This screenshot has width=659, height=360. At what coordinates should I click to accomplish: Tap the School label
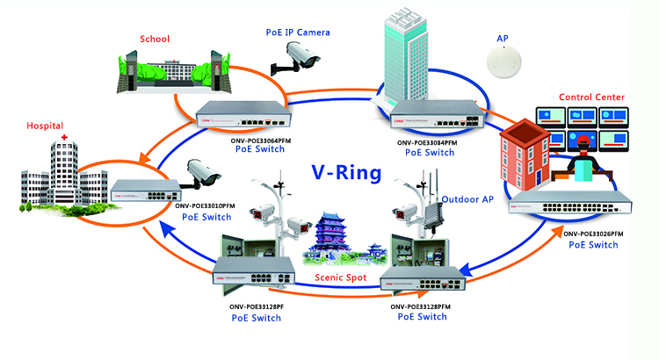pos(155,40)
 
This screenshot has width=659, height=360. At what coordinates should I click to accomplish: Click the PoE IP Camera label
pos(298,32)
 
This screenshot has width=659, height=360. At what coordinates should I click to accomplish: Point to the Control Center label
pos(592,97)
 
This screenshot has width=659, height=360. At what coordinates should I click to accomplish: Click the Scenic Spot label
pos(341,278)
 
